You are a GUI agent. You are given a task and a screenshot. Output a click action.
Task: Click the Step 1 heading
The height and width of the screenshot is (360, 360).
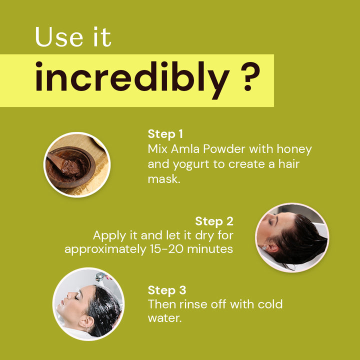coord(165,134)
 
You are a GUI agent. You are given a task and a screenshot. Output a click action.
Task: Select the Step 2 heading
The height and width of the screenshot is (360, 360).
coord(214,221)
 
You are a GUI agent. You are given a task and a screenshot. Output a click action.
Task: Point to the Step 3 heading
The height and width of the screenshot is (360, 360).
coord(167,290)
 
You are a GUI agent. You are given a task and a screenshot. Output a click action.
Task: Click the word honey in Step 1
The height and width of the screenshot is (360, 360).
coord(294,149)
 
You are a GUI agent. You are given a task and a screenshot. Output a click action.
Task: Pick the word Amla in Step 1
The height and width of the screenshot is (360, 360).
coord(185,149)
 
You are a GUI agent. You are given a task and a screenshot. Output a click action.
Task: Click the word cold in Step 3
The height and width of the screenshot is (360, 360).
coord(270,304)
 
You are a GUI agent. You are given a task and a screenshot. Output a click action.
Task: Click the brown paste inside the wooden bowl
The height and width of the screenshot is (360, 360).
coord(69,167)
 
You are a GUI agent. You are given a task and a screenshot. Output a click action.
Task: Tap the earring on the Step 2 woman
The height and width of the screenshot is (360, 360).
coord(264,247)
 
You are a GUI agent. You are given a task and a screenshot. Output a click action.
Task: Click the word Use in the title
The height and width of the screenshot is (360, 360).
coord(59,37)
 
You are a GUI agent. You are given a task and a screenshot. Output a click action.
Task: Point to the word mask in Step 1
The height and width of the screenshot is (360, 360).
coord(164,179)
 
